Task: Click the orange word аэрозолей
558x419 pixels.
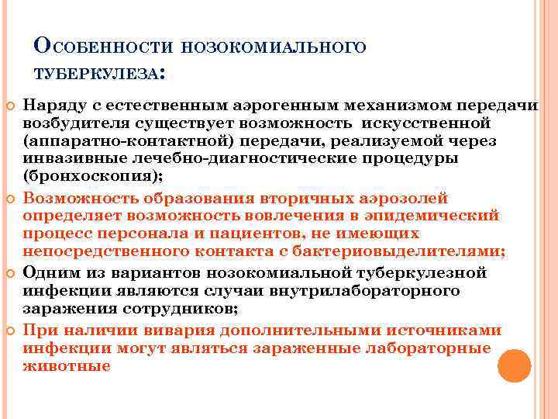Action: point(395,198)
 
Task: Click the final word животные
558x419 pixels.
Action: point(67,365)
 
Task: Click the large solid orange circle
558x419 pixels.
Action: point(514,365)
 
